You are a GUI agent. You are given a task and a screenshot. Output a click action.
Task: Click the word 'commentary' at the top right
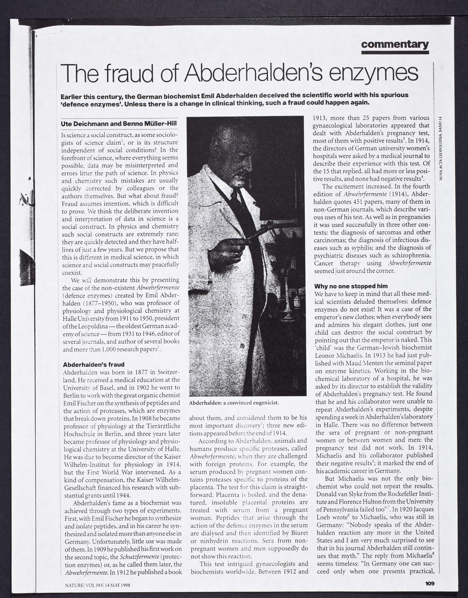click(395, 45)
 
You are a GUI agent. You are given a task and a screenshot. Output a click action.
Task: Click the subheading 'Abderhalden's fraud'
click(94, 365)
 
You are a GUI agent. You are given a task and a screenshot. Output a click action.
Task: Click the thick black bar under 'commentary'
click(395, 53)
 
